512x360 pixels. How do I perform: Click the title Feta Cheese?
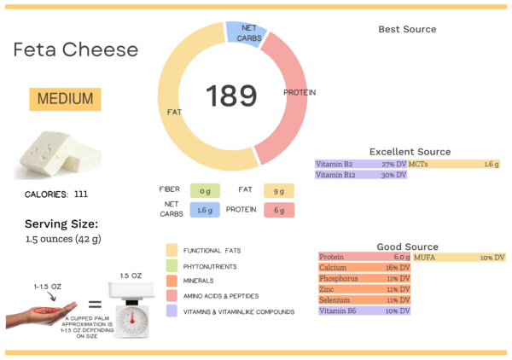point(75,49)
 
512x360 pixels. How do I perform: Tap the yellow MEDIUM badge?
point(65,99)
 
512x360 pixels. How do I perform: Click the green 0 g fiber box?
point(206,190)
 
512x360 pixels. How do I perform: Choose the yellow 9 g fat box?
point(278,190)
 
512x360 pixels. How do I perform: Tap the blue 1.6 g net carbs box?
point(206,210)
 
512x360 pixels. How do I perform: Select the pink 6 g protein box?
point(278,210)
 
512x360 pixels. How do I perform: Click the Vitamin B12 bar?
point(361,175)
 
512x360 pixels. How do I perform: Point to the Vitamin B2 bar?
point(361,164)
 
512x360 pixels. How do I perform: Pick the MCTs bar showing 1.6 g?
point(454,164)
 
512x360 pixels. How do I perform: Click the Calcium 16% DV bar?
point(365,268)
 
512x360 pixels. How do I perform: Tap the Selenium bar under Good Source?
point(365,299)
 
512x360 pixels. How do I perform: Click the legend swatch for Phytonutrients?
point(172,265)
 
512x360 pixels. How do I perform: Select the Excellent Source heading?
point(410,152)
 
